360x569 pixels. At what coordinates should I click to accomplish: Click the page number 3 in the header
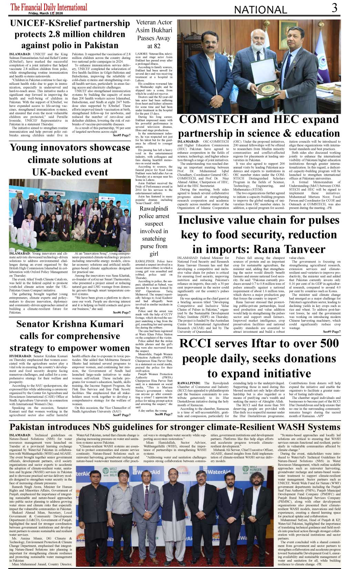pyautogui.click(x=334, y=8)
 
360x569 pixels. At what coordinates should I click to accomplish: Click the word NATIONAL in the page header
pyautogui.click(x=260, y=10)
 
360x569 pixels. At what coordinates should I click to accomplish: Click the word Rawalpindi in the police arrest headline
pyautogui.click(x=154, y=209)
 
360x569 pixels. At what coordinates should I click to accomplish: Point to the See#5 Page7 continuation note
pyautogui.click(x=122, y=135)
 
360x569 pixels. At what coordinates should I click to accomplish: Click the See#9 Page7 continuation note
pyautogui.click(x=332, y=332)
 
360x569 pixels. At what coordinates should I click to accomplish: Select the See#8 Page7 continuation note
pyautogui.click(x=164, y=414)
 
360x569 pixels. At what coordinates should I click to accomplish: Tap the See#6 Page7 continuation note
pyautogui.click(x=122, y=312)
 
